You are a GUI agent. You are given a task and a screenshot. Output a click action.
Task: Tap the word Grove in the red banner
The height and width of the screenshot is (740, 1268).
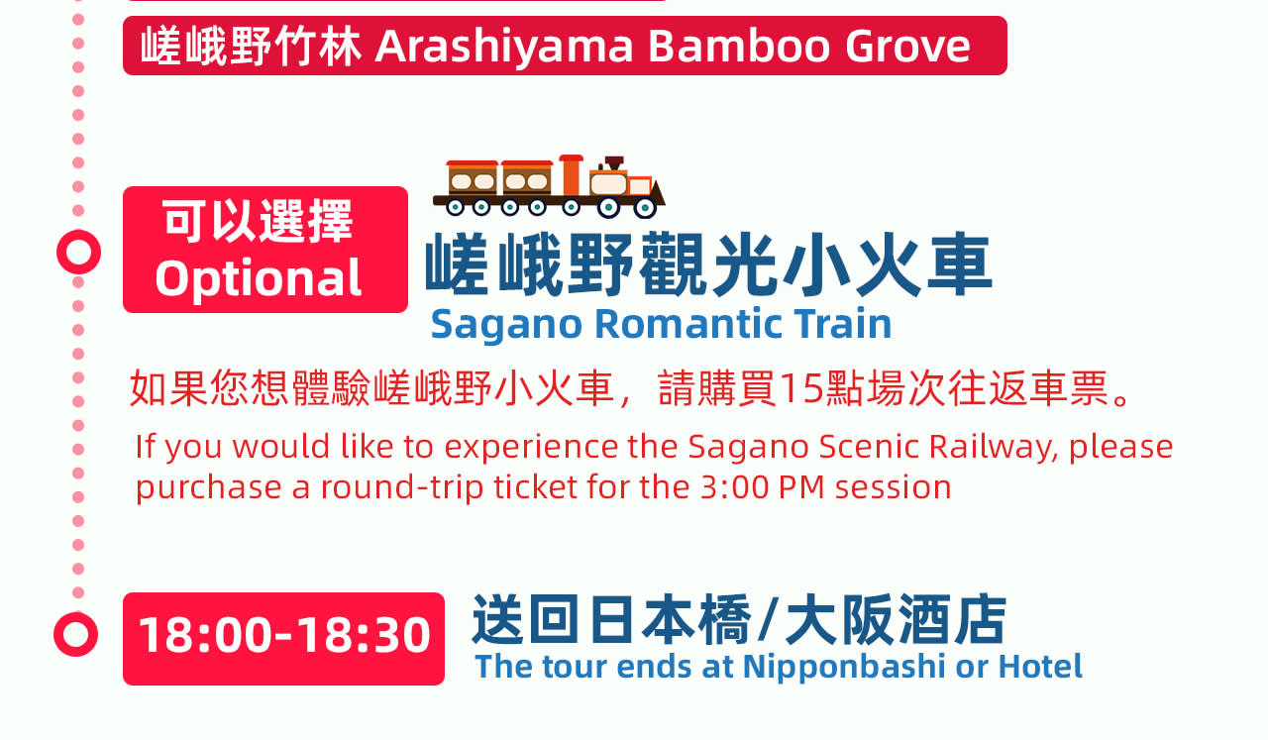point(908,47)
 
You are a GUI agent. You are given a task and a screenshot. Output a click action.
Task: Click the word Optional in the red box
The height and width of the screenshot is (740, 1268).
point(259,278)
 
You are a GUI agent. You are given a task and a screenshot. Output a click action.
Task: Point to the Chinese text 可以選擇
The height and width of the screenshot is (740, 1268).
point(259,221)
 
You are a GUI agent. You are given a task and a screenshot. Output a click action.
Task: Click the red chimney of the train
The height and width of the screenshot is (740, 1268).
point(572,175)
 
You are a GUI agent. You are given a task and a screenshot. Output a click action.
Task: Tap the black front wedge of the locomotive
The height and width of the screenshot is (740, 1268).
point(658,193)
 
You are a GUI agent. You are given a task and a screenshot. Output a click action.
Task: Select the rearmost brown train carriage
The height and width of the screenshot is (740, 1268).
point(473,178)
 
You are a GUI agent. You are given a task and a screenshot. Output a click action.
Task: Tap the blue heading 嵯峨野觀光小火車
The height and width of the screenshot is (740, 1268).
point(708,264)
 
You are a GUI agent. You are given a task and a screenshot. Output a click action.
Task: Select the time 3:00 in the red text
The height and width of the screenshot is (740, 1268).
point(734,487)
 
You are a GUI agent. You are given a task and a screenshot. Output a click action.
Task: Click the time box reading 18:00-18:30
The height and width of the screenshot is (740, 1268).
point(283,639)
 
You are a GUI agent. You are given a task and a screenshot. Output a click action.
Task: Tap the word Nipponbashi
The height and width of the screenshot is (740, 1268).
point(844,668)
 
